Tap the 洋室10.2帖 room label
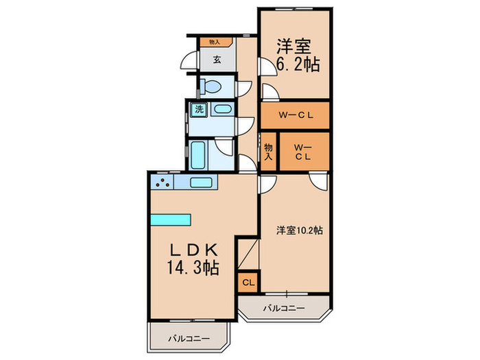300,230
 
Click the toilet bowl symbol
213,87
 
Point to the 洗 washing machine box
199,109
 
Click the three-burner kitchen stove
163,182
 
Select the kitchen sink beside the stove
200,182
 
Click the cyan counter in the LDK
170,219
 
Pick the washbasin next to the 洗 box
221,109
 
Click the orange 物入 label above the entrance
215,42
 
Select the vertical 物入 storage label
269,152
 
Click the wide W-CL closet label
295,115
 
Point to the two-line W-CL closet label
302,152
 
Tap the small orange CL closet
248,282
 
